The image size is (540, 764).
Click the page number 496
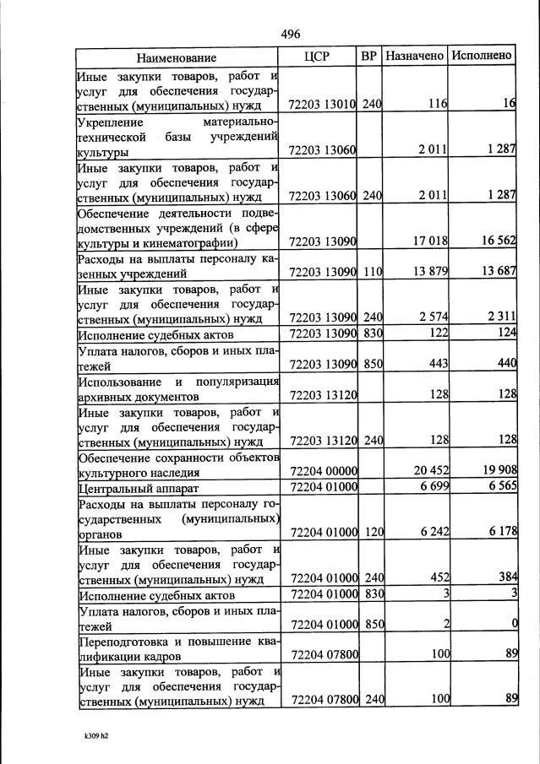click(291, 34)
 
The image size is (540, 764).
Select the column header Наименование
click(177, 57)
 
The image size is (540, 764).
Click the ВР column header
click(369, 57)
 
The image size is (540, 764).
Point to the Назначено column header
click(414, 57)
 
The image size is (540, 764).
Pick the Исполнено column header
click(482, 57)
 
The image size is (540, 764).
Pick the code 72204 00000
click(324, 470)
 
